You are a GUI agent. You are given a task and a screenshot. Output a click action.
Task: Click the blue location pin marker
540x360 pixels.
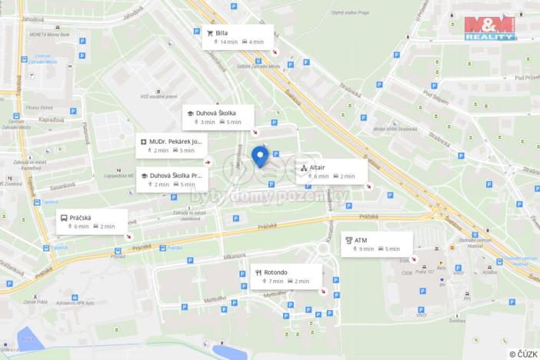(x=260, y=158)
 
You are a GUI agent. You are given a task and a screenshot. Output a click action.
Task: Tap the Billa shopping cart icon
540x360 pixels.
(x=210, y=34)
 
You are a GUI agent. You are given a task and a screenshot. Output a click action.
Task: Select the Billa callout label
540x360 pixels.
(x=238, y=37)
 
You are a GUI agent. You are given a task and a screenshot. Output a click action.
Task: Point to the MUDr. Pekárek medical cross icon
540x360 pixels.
(x=143, y=142)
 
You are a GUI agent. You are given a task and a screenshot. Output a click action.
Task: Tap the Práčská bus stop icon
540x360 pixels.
(x=63, y=218)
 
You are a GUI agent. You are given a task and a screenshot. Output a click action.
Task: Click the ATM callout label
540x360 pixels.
(x=376, y=244)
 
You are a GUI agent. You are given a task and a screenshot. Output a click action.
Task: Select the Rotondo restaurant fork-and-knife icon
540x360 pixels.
(x=258, y=272)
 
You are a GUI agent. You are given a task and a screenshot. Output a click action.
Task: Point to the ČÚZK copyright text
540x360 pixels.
(x=522, y=353)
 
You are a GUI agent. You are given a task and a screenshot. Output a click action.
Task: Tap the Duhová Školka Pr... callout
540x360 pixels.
(x=172, y=179)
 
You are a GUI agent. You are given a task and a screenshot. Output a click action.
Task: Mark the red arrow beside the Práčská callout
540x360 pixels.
(x=129, y=235)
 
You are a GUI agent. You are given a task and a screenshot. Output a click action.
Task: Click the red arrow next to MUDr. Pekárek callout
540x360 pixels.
(x=208, y=162)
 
